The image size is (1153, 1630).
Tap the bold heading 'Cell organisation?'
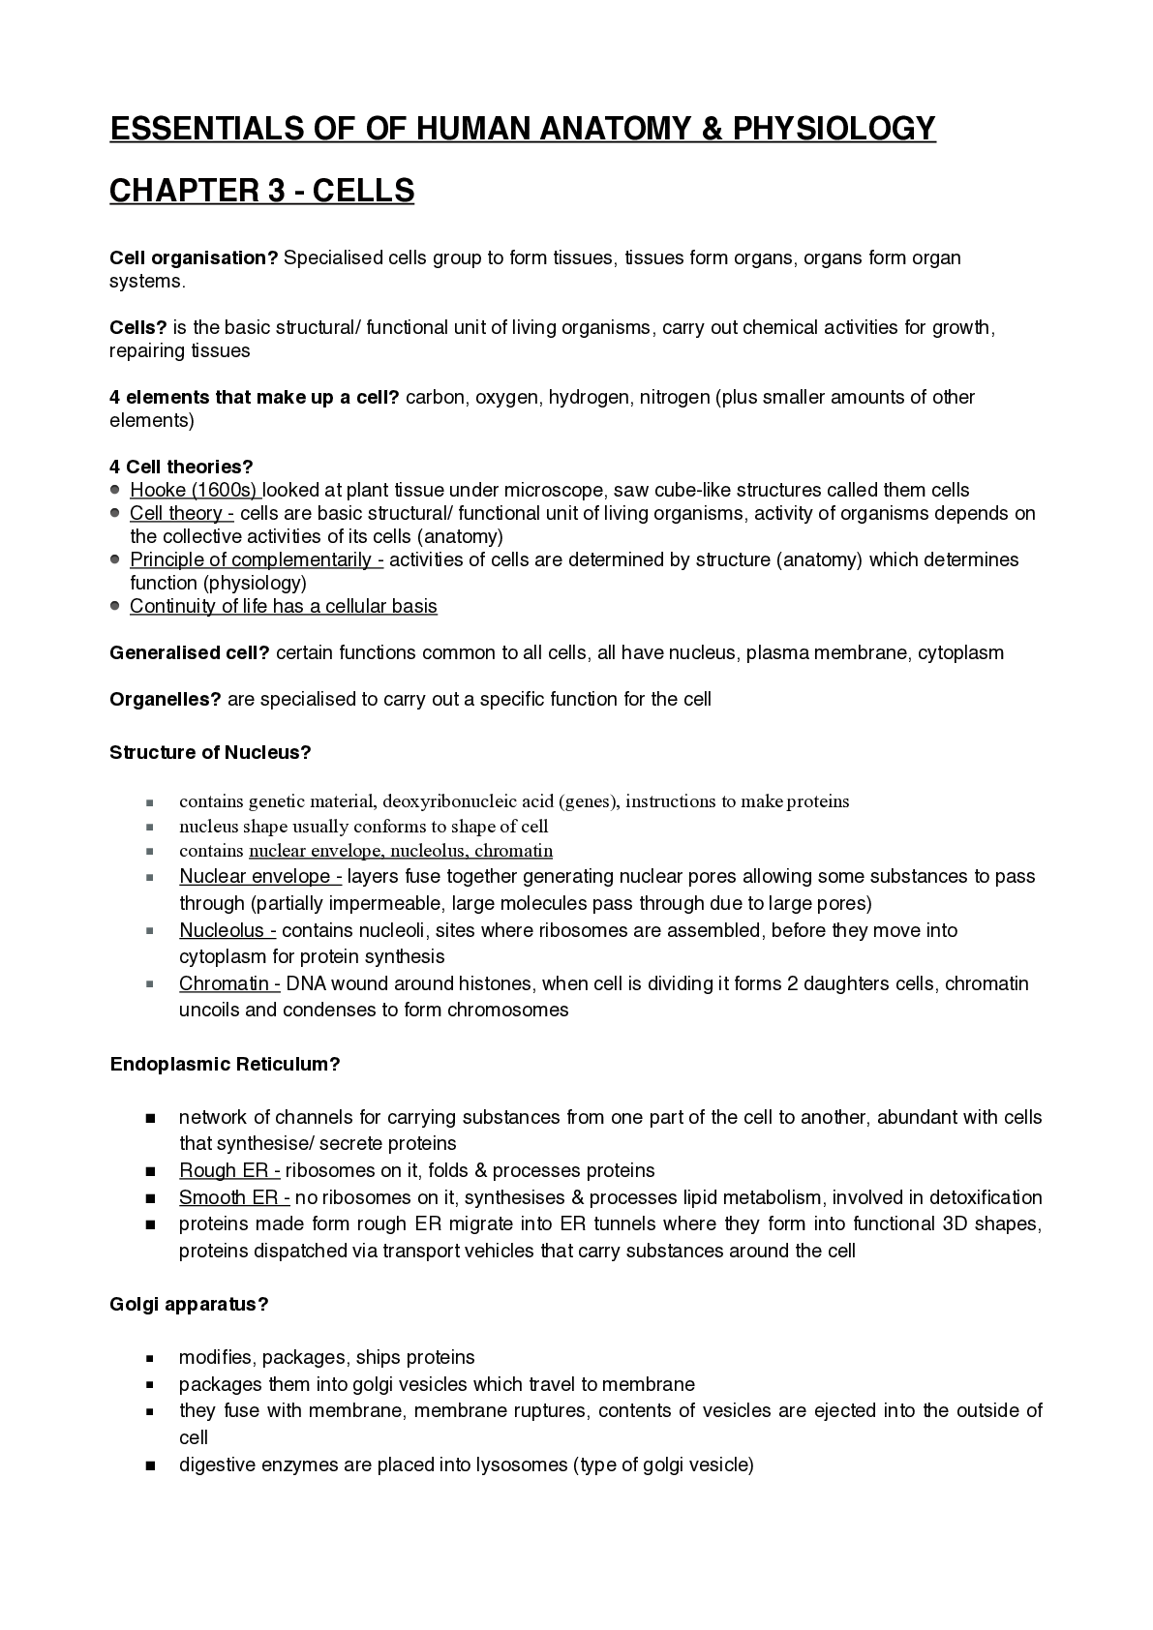pyautogui.click(x=194, y=258)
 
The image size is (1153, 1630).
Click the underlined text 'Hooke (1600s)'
pyautogui.click(x=195, y=491)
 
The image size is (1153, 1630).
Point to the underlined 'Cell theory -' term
pyautogui.click(x=182, y=514)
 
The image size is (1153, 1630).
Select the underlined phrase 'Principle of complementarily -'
pyautogui.click(x=257, y=560)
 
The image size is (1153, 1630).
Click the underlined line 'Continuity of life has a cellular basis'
pyautogui.click(x=284, y=607)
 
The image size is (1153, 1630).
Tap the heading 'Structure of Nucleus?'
pyautogui.click(x=210, y=753)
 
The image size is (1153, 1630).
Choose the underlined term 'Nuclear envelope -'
pyautogui.click(x=260, y=877)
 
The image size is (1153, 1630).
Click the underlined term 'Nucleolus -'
pyautogui.click(x=228, y=931)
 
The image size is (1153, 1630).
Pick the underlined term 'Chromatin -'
pyautogui.click(x=229, y=984)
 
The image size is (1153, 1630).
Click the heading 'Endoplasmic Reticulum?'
pyautogui.click(x=225, y=1065)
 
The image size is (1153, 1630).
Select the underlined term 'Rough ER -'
pyautogui.click(x=229, y=1171)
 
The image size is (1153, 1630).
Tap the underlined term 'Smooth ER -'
pyautogui.click(x=234, y=1198)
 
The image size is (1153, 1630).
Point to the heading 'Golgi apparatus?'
pyautogui.click(x=189, y=1305)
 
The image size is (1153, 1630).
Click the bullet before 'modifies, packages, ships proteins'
pyautogui.click(x=151, y=1359)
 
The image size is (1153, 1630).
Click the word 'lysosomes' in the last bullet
pyautogui.click(x=522, y=1465)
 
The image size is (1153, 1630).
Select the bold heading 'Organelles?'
pyautogui.click(x=166, y=700)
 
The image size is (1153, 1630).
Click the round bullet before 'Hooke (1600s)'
pyautogui.click(x=115, y=490)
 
